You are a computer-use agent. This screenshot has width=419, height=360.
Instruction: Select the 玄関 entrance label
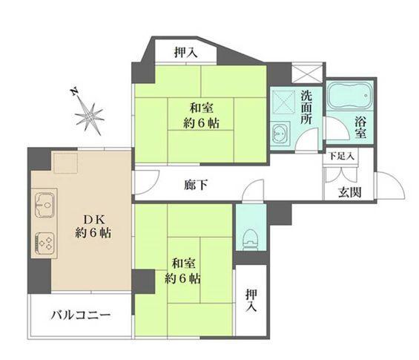tap(351, 192)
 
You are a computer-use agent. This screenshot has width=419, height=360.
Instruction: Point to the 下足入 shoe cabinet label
tap(342, 157)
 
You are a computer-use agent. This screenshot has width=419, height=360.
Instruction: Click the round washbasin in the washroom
tap(280, 135)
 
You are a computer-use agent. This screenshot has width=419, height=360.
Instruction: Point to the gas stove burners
tap(45, 242)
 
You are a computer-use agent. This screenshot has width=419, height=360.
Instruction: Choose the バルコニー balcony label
tap(81, 315)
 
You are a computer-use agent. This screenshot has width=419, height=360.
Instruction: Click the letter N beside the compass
tap(74, 92)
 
